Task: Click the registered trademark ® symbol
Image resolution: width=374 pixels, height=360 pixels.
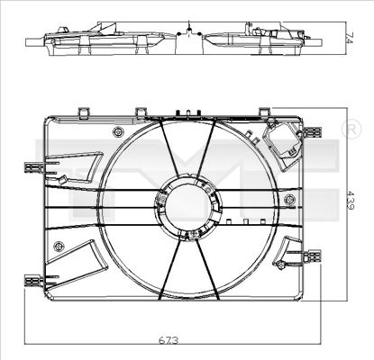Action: pos(350,130)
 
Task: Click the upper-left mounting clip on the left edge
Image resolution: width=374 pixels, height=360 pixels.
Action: pos(34,166)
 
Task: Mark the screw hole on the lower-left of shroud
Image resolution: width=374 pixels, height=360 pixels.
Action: pos(59,246)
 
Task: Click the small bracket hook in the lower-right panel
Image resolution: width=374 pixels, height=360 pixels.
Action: pos(287,263)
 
